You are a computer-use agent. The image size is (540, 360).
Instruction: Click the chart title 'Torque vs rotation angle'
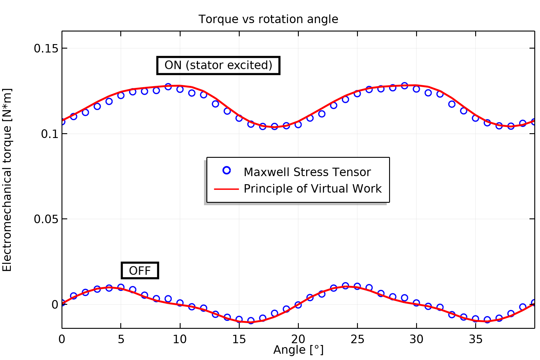pos(268,19)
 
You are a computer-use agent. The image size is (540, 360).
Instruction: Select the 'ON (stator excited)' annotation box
pos(218,65)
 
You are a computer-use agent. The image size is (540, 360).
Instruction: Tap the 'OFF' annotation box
pos(140,271)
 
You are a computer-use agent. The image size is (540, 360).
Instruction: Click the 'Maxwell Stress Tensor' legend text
pos(307,172)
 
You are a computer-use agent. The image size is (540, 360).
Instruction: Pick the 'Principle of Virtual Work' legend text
pos(313,189)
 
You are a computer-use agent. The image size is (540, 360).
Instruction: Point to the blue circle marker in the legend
pos(227,170)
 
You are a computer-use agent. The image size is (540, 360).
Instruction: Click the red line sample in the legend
pos(226,189)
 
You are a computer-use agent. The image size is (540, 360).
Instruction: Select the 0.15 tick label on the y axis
pos(46,48)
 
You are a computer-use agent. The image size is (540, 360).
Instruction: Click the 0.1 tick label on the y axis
pos(49,134)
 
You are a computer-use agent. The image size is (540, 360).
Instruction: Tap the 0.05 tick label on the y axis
pos(46,219)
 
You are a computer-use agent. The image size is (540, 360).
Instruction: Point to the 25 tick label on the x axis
pos(357,339)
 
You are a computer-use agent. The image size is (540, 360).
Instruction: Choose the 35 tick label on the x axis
pos(475,339)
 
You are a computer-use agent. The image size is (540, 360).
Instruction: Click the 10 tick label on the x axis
pos(180,339)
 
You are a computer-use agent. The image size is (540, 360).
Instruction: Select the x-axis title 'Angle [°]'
pos(298,350)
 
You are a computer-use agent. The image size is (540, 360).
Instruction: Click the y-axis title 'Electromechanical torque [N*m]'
pos(7,180)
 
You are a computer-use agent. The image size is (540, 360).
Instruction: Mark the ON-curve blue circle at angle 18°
pos(274,126)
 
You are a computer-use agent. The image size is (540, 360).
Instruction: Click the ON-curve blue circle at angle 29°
pos(404,86)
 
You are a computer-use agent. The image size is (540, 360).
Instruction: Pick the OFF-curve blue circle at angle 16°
pos(251,320)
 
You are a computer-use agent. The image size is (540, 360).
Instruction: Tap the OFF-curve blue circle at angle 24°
pos(345,286)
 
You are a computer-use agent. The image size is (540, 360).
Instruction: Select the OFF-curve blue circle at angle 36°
pos(487,320)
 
